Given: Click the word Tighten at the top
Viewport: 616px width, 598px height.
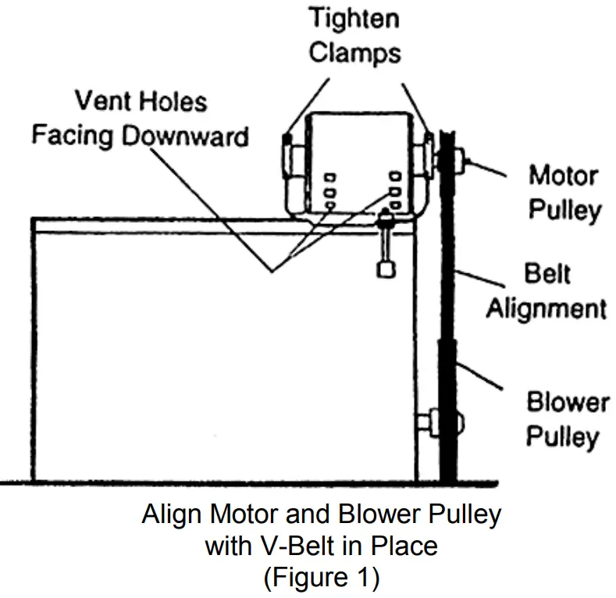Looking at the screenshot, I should point(354,20).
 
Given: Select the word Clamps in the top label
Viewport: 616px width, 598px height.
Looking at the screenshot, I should point(354,52).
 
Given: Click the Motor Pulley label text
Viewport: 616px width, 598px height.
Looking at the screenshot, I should point(564,191).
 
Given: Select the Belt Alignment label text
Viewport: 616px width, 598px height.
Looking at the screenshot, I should point(546,290).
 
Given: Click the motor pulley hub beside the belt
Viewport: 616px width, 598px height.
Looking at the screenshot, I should point(466,162).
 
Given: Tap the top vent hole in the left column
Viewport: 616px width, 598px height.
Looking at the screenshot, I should point(331,177).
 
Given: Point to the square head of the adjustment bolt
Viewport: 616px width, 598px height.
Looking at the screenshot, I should point(384,269).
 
